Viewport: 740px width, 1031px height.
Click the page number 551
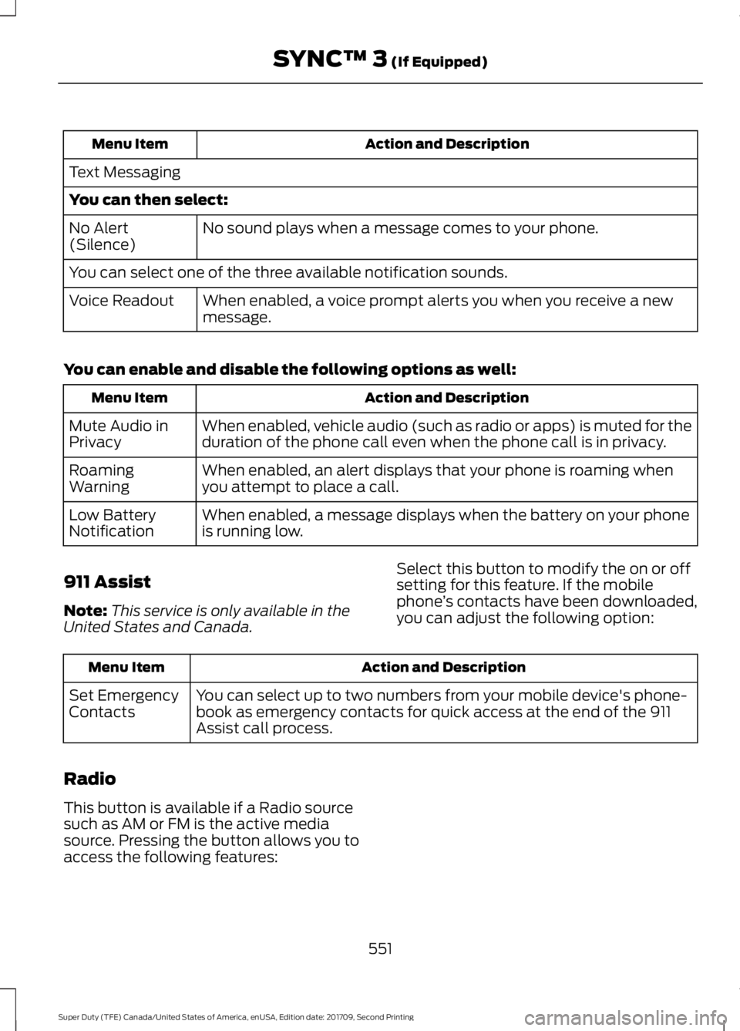click(x=380, y=948)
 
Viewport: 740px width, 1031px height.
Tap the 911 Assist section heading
click(x=107, y=581)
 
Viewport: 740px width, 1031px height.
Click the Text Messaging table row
click(x=125, y=173)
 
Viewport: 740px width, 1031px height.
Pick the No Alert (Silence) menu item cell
click(x=102, y=236)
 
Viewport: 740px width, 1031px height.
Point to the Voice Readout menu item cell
click(x=122, y=301)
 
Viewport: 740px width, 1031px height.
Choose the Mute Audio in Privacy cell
click(x=119, y=433)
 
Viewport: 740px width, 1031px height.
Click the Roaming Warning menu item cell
click(x=102, y=478)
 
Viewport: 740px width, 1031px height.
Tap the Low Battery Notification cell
click(x=113, y=523)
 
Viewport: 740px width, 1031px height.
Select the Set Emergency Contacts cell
click(x=123, y=703)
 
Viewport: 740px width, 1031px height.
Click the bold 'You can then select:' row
click(x=149, y=200)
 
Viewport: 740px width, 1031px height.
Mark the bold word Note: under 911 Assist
click(x=85, y=611)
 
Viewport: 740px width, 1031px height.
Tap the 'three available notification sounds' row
click(x=288, y=273)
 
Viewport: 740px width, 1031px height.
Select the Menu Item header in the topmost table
click(x=129, y=144)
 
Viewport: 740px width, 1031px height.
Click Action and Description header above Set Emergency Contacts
click(x=443, y=668)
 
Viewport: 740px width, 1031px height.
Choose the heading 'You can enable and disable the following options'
click(x=290, y=369)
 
